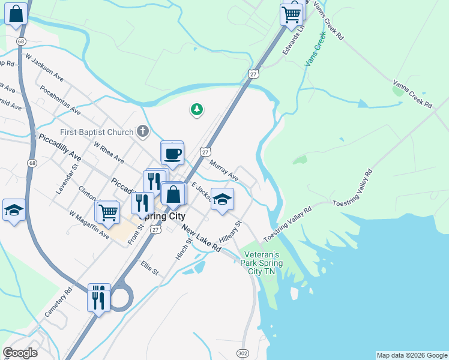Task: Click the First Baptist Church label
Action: [x=97, y=132]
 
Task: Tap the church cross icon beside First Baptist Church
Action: [x=142, y=131]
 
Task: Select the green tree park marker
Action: [x=196, y=109]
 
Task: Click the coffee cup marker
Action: [x=173, y=154]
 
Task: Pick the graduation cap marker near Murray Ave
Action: [x=222, y=200]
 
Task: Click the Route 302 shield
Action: [x=243, y=353]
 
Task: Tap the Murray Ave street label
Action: [x=224, y=170]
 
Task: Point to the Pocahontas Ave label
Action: [x=60, y=100]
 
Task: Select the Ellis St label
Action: [x=150, y=267]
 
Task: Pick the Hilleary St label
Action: [x=230, y=231]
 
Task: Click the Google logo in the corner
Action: [x=20, y=353]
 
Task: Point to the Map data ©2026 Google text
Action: [x=412, y=355]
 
